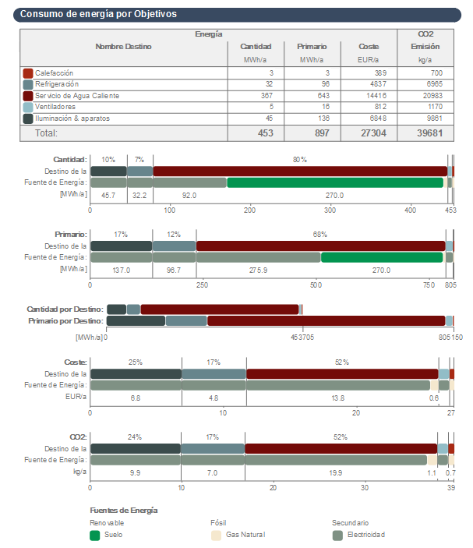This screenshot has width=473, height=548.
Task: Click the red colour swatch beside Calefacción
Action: pyautogui.click(x=28, y=72)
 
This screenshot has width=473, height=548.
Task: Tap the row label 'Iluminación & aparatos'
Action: pyautogui.click(x=72, y=118)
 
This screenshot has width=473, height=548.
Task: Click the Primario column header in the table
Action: pyautogui.click(x=312, y=47)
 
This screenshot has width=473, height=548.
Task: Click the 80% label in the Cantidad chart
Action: pyautogui.click(x=299, y=160)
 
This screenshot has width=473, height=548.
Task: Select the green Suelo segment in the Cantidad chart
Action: pyautogui.click(x=335, y=182)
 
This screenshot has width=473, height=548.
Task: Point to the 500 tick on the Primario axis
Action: pyautogui.click(x=316, y=285)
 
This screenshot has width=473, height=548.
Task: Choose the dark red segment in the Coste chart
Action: pyautogui.click(x=341, y=374)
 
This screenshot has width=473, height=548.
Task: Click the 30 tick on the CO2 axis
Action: pyautogui.click(x=364, y=487)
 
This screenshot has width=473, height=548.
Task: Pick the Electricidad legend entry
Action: pyautogui.click(x=364, y=535)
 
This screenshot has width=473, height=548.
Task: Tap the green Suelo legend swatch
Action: pyautogui.click(x=95, y=536)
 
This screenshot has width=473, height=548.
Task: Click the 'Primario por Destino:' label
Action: pyautogui.click(x=65, y=320)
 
